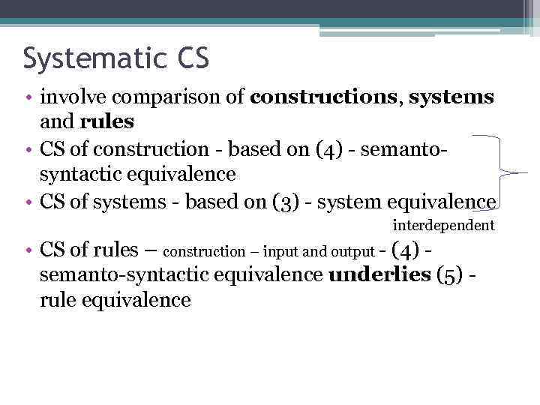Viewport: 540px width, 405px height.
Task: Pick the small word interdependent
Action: coord(444,225)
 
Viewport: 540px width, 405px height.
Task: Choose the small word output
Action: coord(352,252)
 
